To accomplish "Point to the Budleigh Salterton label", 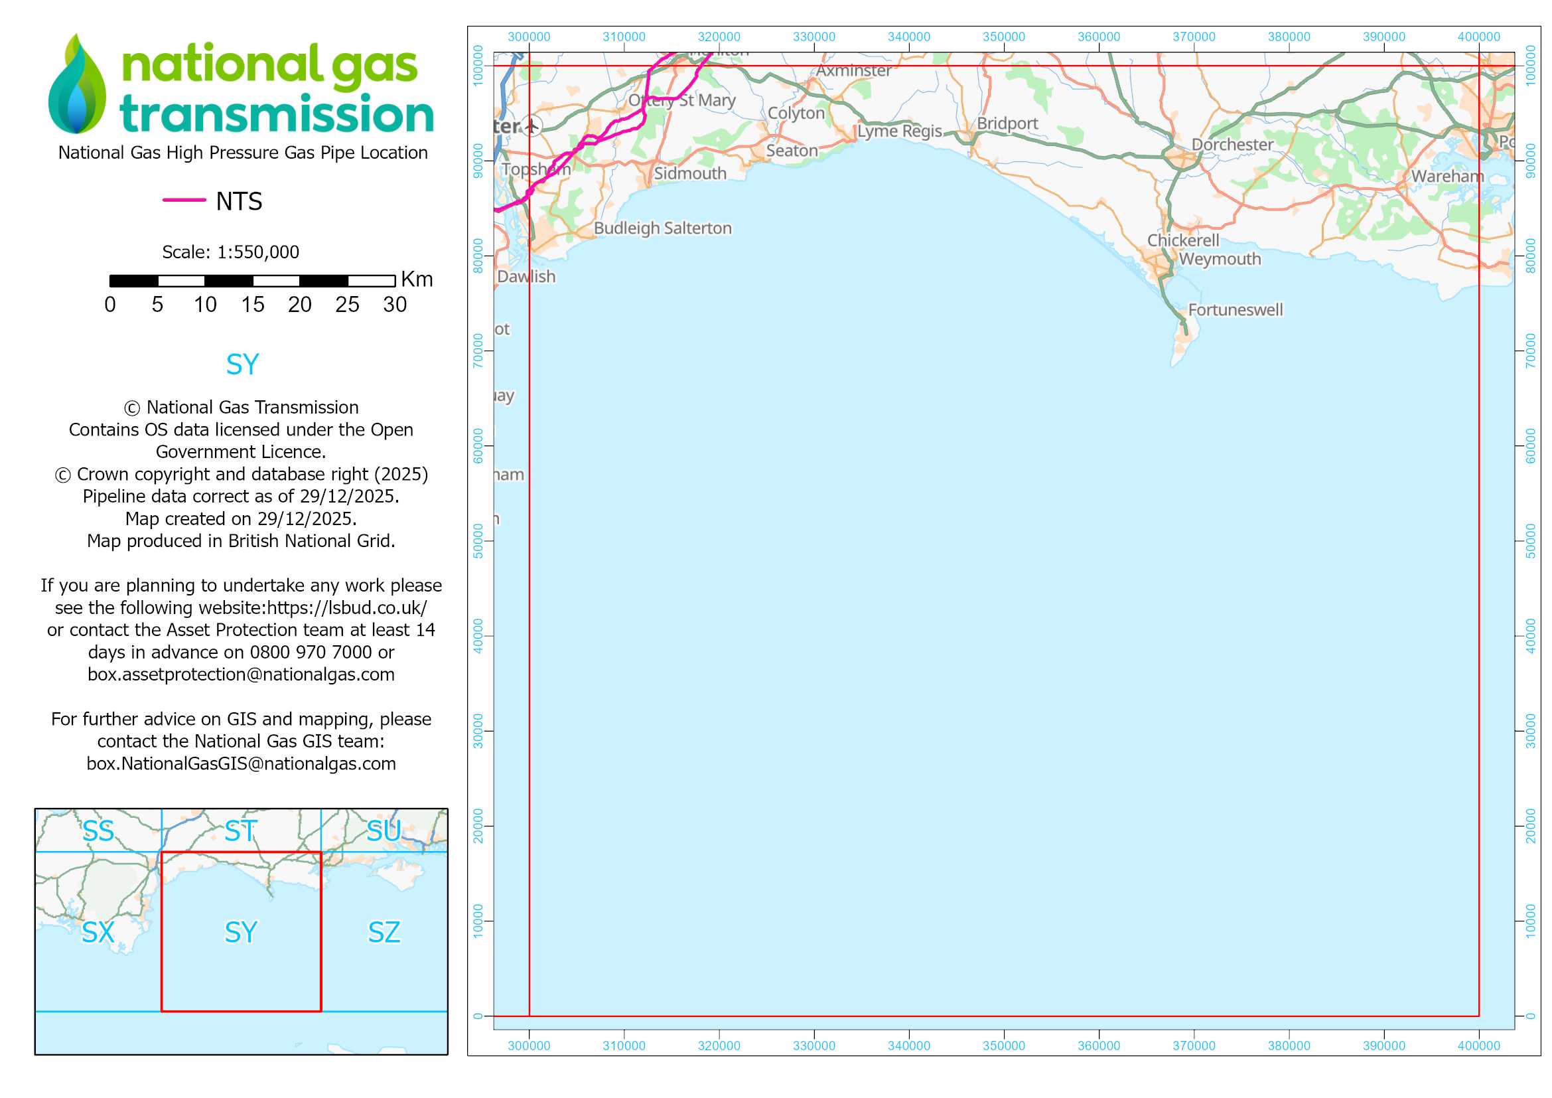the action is tap(662, 228).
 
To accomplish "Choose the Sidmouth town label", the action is tap(689, 174).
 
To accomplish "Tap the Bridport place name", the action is tap(1007, 123).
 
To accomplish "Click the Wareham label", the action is tap(1447, 177).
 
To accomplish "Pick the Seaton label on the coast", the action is tap(792, 151).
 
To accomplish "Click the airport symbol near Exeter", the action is tap(532, 125).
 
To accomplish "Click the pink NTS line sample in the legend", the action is tap(184, 200).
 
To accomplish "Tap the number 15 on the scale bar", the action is tap(253, 305).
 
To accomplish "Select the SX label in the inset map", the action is tap(98, 932).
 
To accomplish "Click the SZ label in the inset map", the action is tap(384, 932).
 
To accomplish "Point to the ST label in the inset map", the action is tap(241, 831).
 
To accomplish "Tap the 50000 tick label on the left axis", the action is tap(478, 541).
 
